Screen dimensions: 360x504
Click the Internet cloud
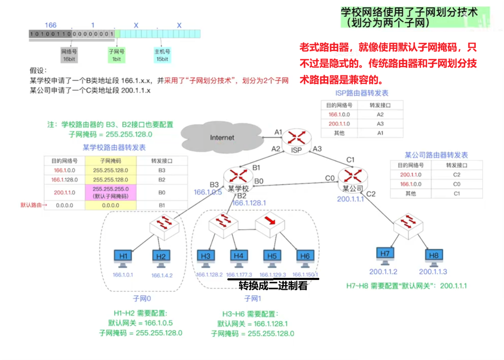point(222,137)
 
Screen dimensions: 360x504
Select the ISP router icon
point(296,139)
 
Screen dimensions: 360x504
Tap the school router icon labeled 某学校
point(237,178)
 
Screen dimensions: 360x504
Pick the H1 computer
point(124,259)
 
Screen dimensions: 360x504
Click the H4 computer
point(238,259)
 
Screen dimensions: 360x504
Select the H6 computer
point(305,259)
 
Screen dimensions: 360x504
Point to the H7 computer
point(385,257)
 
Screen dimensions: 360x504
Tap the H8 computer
point(434,258)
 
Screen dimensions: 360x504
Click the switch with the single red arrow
point(270,225)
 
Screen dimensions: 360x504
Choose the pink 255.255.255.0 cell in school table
point(111,192)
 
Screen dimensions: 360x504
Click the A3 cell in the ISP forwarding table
point(380,124)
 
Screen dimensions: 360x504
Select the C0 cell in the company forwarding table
point(457,184)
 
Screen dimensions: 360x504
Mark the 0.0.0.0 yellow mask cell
point(111,205)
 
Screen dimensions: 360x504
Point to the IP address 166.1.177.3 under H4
point(239,275)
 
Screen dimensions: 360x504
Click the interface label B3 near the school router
point(214,184)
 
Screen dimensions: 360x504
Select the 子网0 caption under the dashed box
point(142,298)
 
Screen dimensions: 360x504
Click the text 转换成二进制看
point(273,286)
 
